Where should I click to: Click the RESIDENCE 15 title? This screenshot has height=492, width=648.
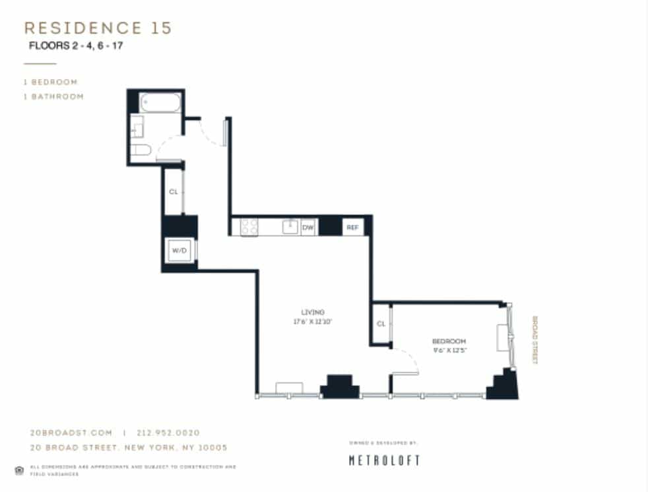[x=98, y=28]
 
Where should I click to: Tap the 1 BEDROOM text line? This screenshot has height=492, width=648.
[x=51, y=82]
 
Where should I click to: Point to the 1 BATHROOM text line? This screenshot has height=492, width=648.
[x=53, y=96]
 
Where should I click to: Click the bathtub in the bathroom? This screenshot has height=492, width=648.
[x=160, y=103]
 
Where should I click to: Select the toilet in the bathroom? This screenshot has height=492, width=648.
[x=141, y=150]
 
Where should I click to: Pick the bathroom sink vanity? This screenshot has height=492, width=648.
[x=137, y=126]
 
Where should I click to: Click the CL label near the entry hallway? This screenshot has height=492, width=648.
[x=173, y=192]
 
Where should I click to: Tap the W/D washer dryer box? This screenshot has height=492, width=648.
[x=178, y=251]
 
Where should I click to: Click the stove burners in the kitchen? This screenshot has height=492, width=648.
[x=249, y=227]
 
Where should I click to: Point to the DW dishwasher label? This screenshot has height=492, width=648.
[x=308, y=227]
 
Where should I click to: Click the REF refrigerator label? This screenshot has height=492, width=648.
[x=352, y=227]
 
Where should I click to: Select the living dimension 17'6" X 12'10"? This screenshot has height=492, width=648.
[x=313, y=321]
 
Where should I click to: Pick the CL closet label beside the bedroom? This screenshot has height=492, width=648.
[x=381, y=324]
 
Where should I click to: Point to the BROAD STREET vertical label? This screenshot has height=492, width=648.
[x=535, y=340]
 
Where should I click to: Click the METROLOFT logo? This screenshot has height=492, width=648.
[x=384, y=460]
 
